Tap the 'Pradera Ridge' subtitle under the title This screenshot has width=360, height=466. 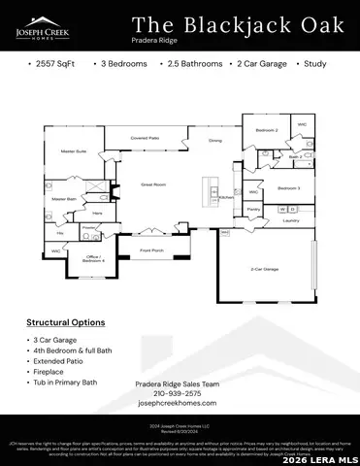point(154,42)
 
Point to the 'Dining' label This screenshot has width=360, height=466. point(215,141)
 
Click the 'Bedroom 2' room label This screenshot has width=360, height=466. point(267,130)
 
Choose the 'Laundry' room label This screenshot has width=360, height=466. point(290,220)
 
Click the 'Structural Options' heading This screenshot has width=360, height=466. point(66,321)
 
